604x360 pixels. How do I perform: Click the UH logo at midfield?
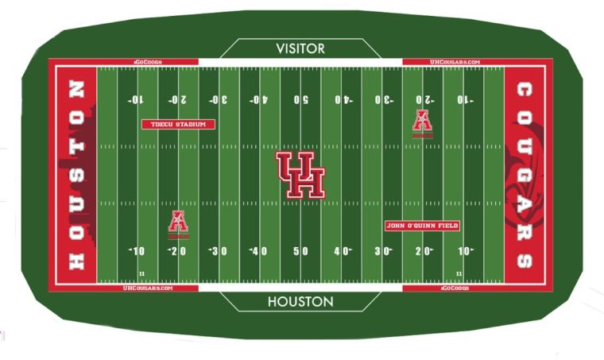click(300, 175)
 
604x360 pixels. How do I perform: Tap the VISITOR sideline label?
click(300, 48)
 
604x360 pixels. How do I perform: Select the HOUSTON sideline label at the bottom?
click(300, 302)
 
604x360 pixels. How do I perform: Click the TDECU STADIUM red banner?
click(178, 124)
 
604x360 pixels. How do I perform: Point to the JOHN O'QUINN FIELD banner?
click(422, 226)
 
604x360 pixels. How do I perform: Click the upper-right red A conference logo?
click(422, 122)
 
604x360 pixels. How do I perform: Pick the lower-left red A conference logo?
click(178, 223)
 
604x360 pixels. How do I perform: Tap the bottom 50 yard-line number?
click(300, 251)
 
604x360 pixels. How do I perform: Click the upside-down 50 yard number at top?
click(300, 99)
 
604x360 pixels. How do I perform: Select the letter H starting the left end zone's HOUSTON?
click(76, 261)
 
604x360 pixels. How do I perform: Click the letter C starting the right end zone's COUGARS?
click(525, 88)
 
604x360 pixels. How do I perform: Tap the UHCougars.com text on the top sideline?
click(455, 62)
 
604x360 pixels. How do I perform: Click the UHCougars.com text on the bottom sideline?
click(148, 288)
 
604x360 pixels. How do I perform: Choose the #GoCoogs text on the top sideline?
click(148, 62)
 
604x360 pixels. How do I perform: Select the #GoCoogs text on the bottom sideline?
click(455, 288)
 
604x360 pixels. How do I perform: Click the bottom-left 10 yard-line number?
click(137, 251)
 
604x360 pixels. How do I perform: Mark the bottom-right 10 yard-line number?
click(465, 251)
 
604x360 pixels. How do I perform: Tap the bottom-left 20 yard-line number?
click(177, 251)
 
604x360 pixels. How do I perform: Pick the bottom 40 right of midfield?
click(343, 251)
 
